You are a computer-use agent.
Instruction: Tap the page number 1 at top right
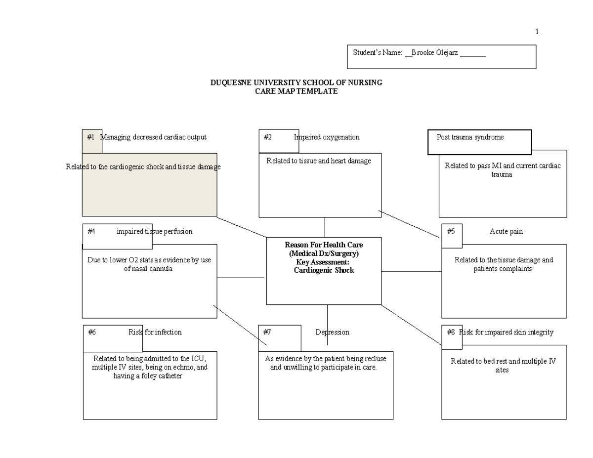coord(537,32)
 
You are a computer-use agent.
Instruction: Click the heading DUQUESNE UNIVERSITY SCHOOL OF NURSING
coord(296,83)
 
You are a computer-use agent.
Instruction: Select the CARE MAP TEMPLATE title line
coord(296,91)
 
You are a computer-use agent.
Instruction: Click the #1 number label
coord(90,137)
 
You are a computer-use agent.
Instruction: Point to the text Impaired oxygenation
coord(327,137)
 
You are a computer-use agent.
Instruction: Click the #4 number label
coord(91,231)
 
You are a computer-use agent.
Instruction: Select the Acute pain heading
coord(506,231)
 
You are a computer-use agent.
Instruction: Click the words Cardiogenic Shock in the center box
coord(324,271)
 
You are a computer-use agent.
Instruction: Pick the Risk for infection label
coord(155,332)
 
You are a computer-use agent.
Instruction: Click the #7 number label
coord(267,332)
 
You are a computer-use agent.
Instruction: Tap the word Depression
coord(332,332)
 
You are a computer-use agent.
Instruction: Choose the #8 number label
coord(451,332)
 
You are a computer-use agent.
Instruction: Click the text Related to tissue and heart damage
coord(318,161)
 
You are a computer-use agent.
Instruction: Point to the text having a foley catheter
coord(148,376)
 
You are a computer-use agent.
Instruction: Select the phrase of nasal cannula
coord(148,269)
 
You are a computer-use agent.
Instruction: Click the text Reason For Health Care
coord(324,245)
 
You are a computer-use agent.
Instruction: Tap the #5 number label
coord(451,231)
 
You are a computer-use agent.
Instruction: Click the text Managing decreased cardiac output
coord(154,137)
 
